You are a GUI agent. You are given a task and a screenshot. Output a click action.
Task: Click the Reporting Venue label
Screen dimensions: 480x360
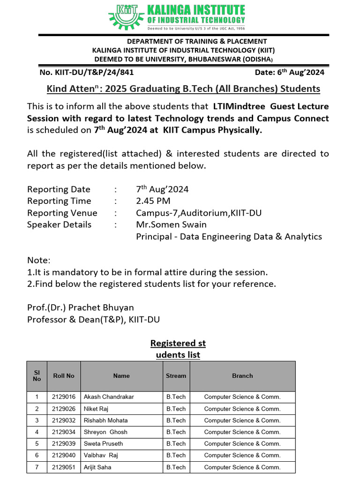(62, 213)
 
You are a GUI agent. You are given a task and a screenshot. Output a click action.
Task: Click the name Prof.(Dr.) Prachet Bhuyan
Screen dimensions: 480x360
(81, 307)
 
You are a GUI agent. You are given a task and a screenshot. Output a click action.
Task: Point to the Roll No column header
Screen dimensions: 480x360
(64, 375)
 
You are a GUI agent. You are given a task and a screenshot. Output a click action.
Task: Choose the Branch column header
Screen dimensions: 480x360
(242, 375)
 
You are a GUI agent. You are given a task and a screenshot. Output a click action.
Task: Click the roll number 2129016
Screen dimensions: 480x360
(64, 397)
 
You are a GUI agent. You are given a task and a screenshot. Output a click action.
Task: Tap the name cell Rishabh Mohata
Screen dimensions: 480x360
(105, 420)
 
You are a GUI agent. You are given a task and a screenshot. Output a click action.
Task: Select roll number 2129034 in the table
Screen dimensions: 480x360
(64, 432)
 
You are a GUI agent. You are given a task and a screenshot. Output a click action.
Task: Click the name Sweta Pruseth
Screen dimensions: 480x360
(103, 443)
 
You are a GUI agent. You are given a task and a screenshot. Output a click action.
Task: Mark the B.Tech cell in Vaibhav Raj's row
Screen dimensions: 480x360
(176, 455)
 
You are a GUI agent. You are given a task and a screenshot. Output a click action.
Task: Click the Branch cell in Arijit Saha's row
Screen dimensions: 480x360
(242, 467)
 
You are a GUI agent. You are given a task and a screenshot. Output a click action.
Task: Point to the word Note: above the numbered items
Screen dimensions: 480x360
(38, 260)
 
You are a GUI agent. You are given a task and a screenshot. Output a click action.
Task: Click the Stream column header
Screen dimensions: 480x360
(176, 375)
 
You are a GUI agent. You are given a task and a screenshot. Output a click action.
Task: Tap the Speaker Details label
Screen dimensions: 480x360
(60, 225)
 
